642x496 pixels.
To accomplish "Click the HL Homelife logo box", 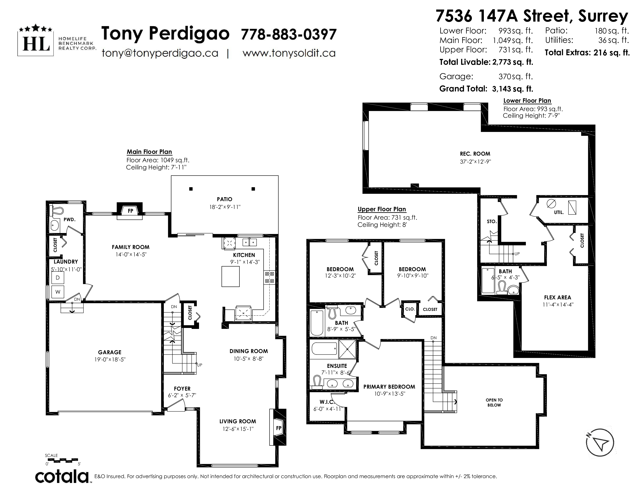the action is point(36,40).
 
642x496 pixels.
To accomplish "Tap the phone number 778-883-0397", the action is point(288,34).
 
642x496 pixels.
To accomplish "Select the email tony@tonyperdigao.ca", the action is point(160,53).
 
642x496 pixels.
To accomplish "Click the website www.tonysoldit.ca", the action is point(289,53).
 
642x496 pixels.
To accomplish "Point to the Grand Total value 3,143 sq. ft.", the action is point(513,89).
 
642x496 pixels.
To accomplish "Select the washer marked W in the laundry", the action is point(58,292).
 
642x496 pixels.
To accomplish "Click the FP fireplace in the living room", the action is point(278,428).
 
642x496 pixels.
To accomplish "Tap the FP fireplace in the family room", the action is point(130,211).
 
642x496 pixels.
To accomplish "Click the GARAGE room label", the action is point(110,352).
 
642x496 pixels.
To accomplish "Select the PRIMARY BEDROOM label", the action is point(389,387).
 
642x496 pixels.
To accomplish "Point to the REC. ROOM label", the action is point(475,154).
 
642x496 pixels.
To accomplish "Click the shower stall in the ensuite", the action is point(347,349).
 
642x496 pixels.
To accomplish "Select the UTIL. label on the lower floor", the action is point(559,212).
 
